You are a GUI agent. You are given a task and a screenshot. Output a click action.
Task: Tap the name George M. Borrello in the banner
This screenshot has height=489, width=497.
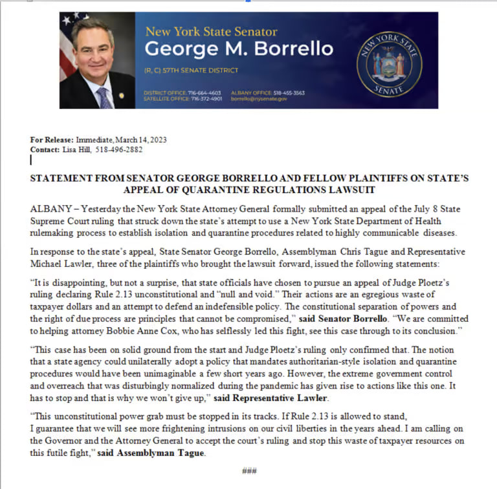[239, 49]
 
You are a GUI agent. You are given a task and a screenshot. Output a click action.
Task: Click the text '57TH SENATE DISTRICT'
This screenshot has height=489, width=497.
[201, 70]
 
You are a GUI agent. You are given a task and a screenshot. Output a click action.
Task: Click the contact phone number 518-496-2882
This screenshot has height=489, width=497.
[123, 149]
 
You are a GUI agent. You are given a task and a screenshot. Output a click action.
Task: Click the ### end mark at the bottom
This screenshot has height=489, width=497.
[249, 471]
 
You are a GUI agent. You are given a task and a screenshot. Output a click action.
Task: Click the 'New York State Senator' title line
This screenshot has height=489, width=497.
[211, 31]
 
